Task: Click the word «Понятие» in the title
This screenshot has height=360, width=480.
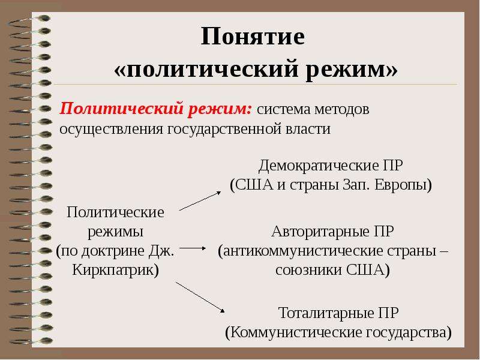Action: (253, 37)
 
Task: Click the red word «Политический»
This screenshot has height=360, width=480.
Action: (121, 109)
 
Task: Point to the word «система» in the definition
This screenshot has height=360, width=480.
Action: (283, 110)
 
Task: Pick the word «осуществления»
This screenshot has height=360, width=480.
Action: (111, 129)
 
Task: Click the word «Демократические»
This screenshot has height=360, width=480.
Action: (319, 166)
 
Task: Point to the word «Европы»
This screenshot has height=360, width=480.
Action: (403, 185)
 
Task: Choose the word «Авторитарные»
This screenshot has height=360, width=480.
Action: (320, 232)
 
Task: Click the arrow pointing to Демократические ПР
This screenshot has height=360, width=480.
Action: (200, 201)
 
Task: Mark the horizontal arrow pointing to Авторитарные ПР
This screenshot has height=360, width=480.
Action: (193, 248)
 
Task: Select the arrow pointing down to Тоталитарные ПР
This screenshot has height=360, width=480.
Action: (200, 297)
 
